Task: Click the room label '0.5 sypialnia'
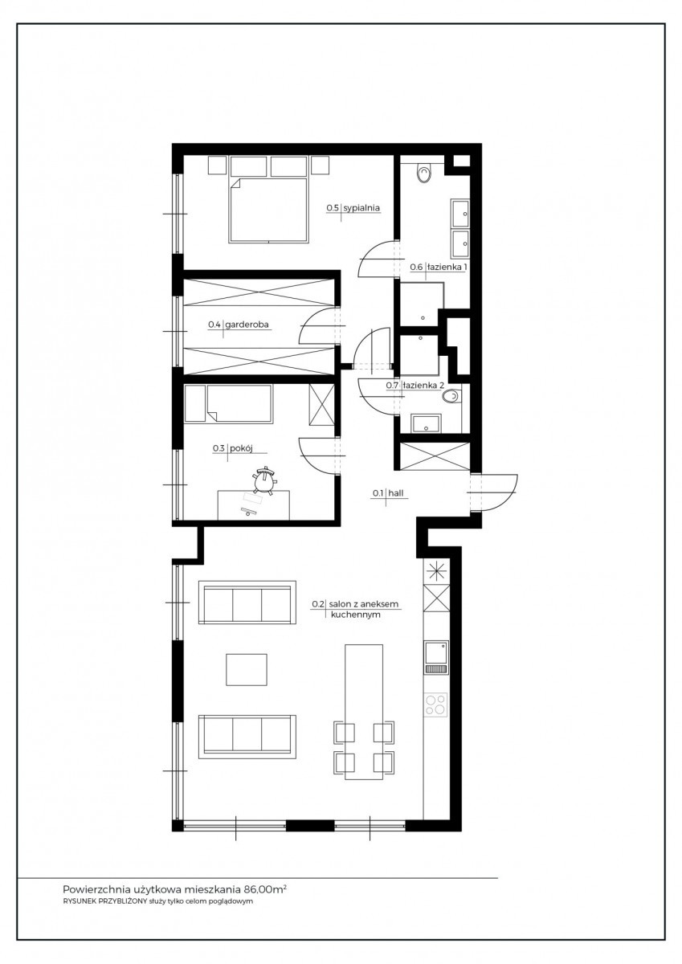(353, 208)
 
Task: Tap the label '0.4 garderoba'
(239, 325)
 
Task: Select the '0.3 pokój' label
(232, 448)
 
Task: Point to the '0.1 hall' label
(388, 493)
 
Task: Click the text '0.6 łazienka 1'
(439, 268)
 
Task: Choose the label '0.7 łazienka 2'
(415, 386)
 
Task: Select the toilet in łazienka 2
(451, 397)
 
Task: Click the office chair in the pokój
(263, 481)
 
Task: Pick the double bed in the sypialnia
(268, 210)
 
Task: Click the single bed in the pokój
(229, 403)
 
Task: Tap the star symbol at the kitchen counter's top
(436, 571)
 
